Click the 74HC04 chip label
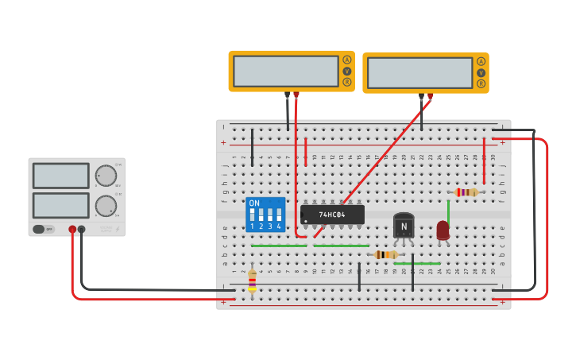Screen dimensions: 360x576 coord(332,215)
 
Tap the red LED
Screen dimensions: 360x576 coord(443,230)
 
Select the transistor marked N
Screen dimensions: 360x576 coord(404,226)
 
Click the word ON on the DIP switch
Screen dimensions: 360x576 coord(254,203)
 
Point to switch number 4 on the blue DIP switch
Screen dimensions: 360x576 coord(279,215)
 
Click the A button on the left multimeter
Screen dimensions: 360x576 coord(346,60)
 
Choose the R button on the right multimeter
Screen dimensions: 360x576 coord(481,83)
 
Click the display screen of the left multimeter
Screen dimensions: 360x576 coord(285,72)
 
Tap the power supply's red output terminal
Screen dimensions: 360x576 coord(72,229)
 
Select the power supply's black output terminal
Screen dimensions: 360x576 coord(81,229)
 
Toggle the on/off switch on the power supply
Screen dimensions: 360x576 coord(44,229)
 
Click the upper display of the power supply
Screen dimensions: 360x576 coord(60,176)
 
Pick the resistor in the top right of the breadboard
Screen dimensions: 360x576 coord(466,192)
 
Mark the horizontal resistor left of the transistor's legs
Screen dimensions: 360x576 coord(386,254)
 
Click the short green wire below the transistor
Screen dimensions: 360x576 coord(416,263)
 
